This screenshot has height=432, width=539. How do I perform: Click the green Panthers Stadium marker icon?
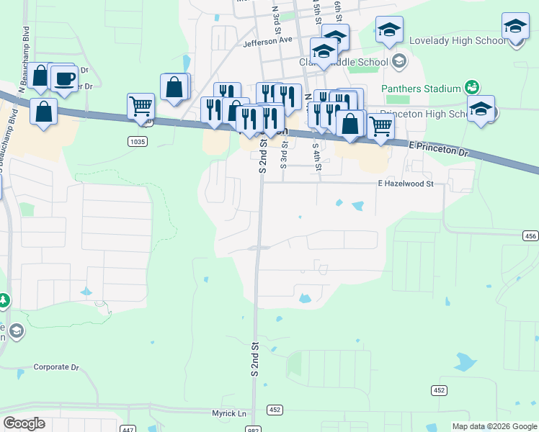coord(472,88)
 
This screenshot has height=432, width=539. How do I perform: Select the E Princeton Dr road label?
coord(438,150)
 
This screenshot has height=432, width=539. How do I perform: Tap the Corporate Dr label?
coord(55,367)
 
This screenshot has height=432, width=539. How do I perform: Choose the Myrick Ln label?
coord(228,413)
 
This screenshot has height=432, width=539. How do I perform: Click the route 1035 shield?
coord(138,142)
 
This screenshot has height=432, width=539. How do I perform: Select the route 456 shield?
coord(530,235)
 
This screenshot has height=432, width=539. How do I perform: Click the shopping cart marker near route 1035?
coord(140,106)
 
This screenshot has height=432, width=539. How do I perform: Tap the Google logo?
coord(24,423)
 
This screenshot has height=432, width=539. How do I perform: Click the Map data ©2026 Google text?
coord(494,426)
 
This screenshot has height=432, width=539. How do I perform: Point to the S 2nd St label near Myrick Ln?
coord(254,358)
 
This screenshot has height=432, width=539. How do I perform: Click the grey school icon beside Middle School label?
coord(398,62)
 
